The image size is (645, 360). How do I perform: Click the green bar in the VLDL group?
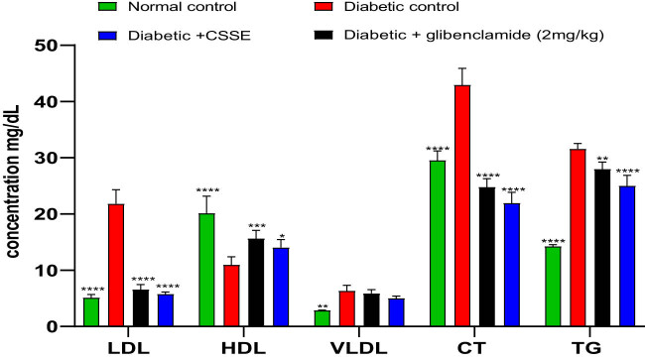coord(322,318)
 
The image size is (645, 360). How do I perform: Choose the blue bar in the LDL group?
coord(165,310)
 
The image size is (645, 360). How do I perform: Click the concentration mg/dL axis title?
coord(14,188)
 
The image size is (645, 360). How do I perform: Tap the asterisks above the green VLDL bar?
coord(322,305)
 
